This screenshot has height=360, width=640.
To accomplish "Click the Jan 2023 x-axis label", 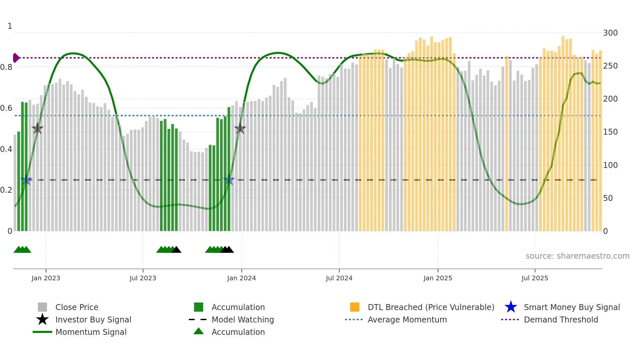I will [x=46, y=278].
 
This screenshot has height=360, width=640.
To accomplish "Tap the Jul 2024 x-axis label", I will [x=339, y=278].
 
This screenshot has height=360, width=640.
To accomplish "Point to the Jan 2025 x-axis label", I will [x=438, y=278].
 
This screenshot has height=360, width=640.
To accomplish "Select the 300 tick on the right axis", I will [x=610, y=33].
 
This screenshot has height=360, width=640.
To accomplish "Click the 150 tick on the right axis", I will [x=610, y=132].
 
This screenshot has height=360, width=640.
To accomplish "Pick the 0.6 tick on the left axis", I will [x=6, y=108].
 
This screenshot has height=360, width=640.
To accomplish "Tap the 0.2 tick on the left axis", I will [x=6, y=190].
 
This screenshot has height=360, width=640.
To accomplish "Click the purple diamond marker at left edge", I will [x=16, y=58].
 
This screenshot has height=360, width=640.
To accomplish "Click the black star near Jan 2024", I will [x=240, y=129].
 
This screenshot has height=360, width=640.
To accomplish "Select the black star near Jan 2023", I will [x=38, y=129].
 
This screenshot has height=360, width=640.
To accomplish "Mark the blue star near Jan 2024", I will [x=229, y=180].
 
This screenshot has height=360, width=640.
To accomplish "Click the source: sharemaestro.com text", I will [x=577, y=256].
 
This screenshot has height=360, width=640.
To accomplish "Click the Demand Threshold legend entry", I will [x=561, y=320].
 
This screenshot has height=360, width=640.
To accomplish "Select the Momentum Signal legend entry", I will [x=91, y=332].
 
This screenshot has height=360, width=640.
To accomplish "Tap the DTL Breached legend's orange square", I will [x=355, y=307].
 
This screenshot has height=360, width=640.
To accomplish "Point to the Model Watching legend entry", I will [x=242, y=320].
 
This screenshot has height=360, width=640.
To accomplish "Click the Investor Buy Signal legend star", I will [x=42, y=319].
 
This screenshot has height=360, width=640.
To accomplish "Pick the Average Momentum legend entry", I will [x=407, y=320].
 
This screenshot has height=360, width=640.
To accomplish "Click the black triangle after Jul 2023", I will [x=176, y=250].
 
